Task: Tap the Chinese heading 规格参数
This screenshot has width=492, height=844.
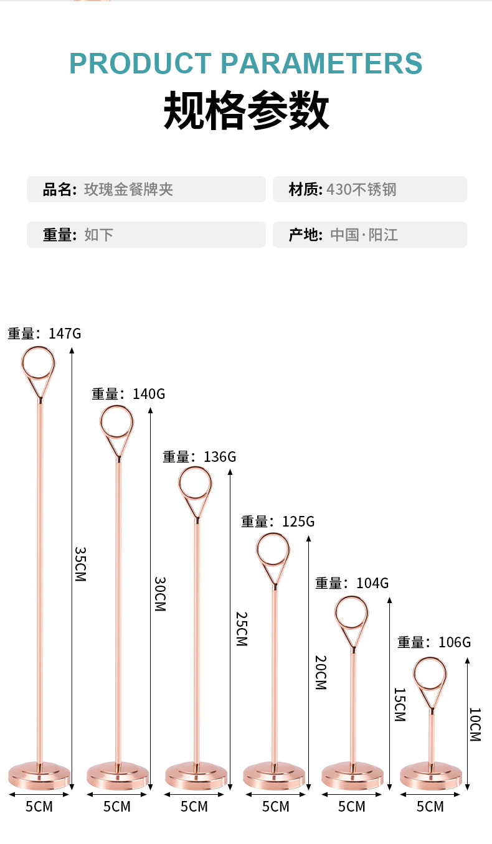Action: pyautogui.click(x=246, y=111)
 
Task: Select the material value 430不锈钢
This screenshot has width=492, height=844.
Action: pyautogui.click(x=361, y=189)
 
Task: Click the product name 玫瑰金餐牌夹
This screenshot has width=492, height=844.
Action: pyautogui.click(x=128, y=189)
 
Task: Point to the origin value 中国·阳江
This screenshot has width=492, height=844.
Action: pyautogui.click(x=364, y=235)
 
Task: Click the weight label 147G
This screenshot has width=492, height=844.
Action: pyautogui.click(x=64, y=334)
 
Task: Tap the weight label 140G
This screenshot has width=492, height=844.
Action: pyautogui.click(x=148, y=394)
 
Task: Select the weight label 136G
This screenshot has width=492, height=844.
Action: pyautogui.click(x=219, y=457)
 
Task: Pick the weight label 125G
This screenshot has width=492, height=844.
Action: pyautogui.click(x=298, y=522)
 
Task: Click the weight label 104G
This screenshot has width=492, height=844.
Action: pyautogui.click(x=372, y=583)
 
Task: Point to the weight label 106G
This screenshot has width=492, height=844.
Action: pyautogui.click(x=454, y=642)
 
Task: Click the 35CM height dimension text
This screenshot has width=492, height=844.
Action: pyautogui.click(x=80, y=564)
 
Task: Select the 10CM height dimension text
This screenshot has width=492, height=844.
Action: pyautogui.click(x=475, y=724)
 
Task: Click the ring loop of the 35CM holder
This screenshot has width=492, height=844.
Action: pyautogui.click(x=38, y=362)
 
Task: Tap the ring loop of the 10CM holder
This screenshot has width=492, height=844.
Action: pyautogui.click(x=430, y=675)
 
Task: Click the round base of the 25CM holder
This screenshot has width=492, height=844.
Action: pyautogui.click(x=196, y=776)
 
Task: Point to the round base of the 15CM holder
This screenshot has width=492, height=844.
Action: pyautogui.click(x=352, y=776)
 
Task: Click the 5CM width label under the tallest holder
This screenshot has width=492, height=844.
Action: pyautogui.click(x=39, y=807)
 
